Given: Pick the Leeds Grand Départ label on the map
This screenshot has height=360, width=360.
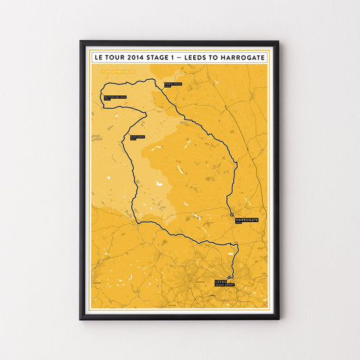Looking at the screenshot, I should click(x=223, y=282).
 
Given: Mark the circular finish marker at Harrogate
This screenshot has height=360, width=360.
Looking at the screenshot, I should click(x=231, y=215).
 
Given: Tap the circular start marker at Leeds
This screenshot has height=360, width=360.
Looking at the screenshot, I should click(x=230, y=278).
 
